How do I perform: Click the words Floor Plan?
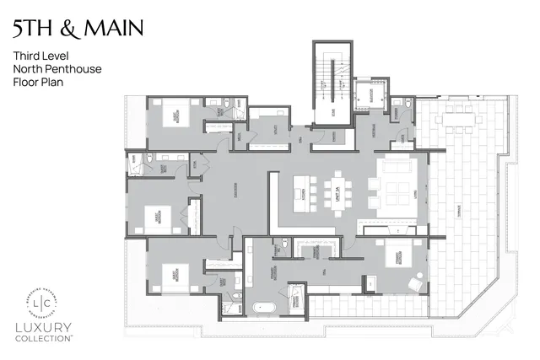(38, 83)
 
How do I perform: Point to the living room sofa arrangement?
(396, 188)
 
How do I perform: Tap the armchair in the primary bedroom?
(416, 282)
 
